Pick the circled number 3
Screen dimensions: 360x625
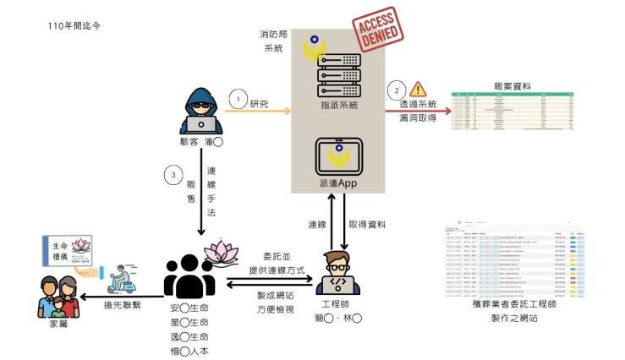pos(172,176)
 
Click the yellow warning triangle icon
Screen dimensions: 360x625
pos(418,90)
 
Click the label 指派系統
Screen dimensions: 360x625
pos(337,106)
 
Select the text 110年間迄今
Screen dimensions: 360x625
pos(78,27)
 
